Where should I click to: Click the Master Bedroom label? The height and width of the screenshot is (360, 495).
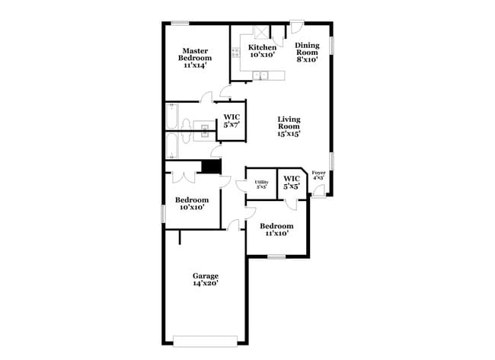pos(196,58)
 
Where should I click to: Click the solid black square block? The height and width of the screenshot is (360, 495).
pos(211,167)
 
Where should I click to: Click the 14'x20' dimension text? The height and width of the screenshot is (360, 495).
pos(205,284)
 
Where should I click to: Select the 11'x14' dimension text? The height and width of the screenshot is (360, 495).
pos(196,66)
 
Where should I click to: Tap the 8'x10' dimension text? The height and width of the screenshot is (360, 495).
pos(308,59)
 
